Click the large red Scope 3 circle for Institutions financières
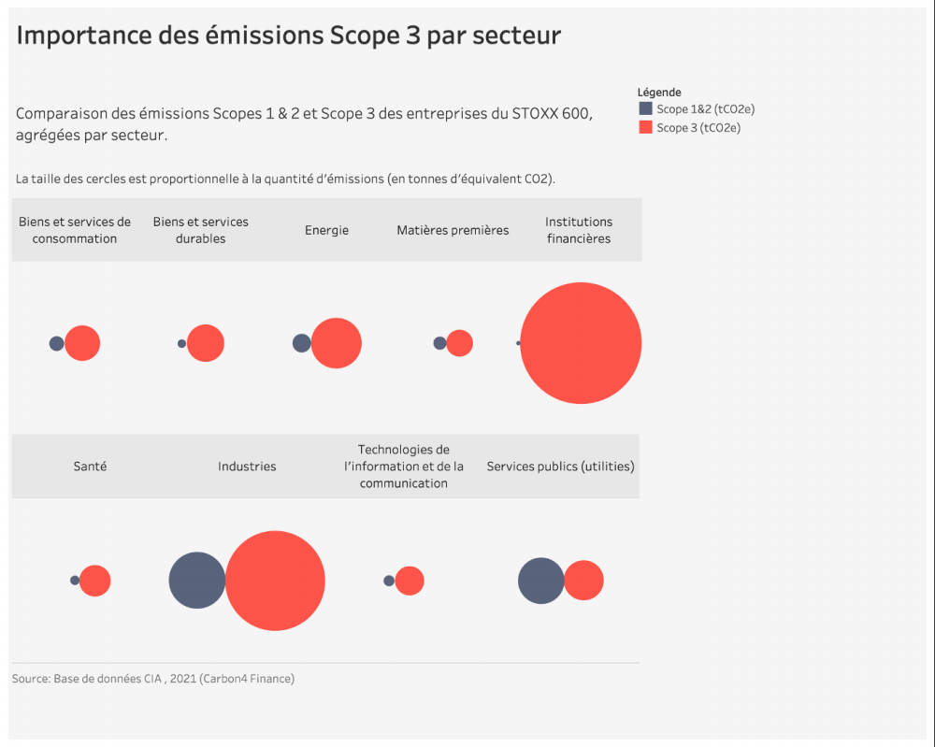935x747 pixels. point(581,343)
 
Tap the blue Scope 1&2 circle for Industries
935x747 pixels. point(196,581)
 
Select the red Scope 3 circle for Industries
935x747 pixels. point(276,581)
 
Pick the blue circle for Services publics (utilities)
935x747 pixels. point(540,581)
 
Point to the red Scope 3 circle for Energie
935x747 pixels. point(337,343)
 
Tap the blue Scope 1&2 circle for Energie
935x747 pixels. point(301,343)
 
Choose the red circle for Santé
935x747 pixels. point(95,581)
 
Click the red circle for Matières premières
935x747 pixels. point(459,343)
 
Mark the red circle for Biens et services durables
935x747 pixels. point(206,343)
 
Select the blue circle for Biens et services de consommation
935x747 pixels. point(56,343)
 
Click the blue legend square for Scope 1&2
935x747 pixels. point(645,108)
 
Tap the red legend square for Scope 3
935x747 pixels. point(645,127)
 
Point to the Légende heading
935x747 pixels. point(659,93)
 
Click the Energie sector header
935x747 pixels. point(326,230)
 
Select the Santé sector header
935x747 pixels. point(90,466)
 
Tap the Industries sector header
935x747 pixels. point(247,466)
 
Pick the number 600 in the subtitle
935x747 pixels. point(576,114)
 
